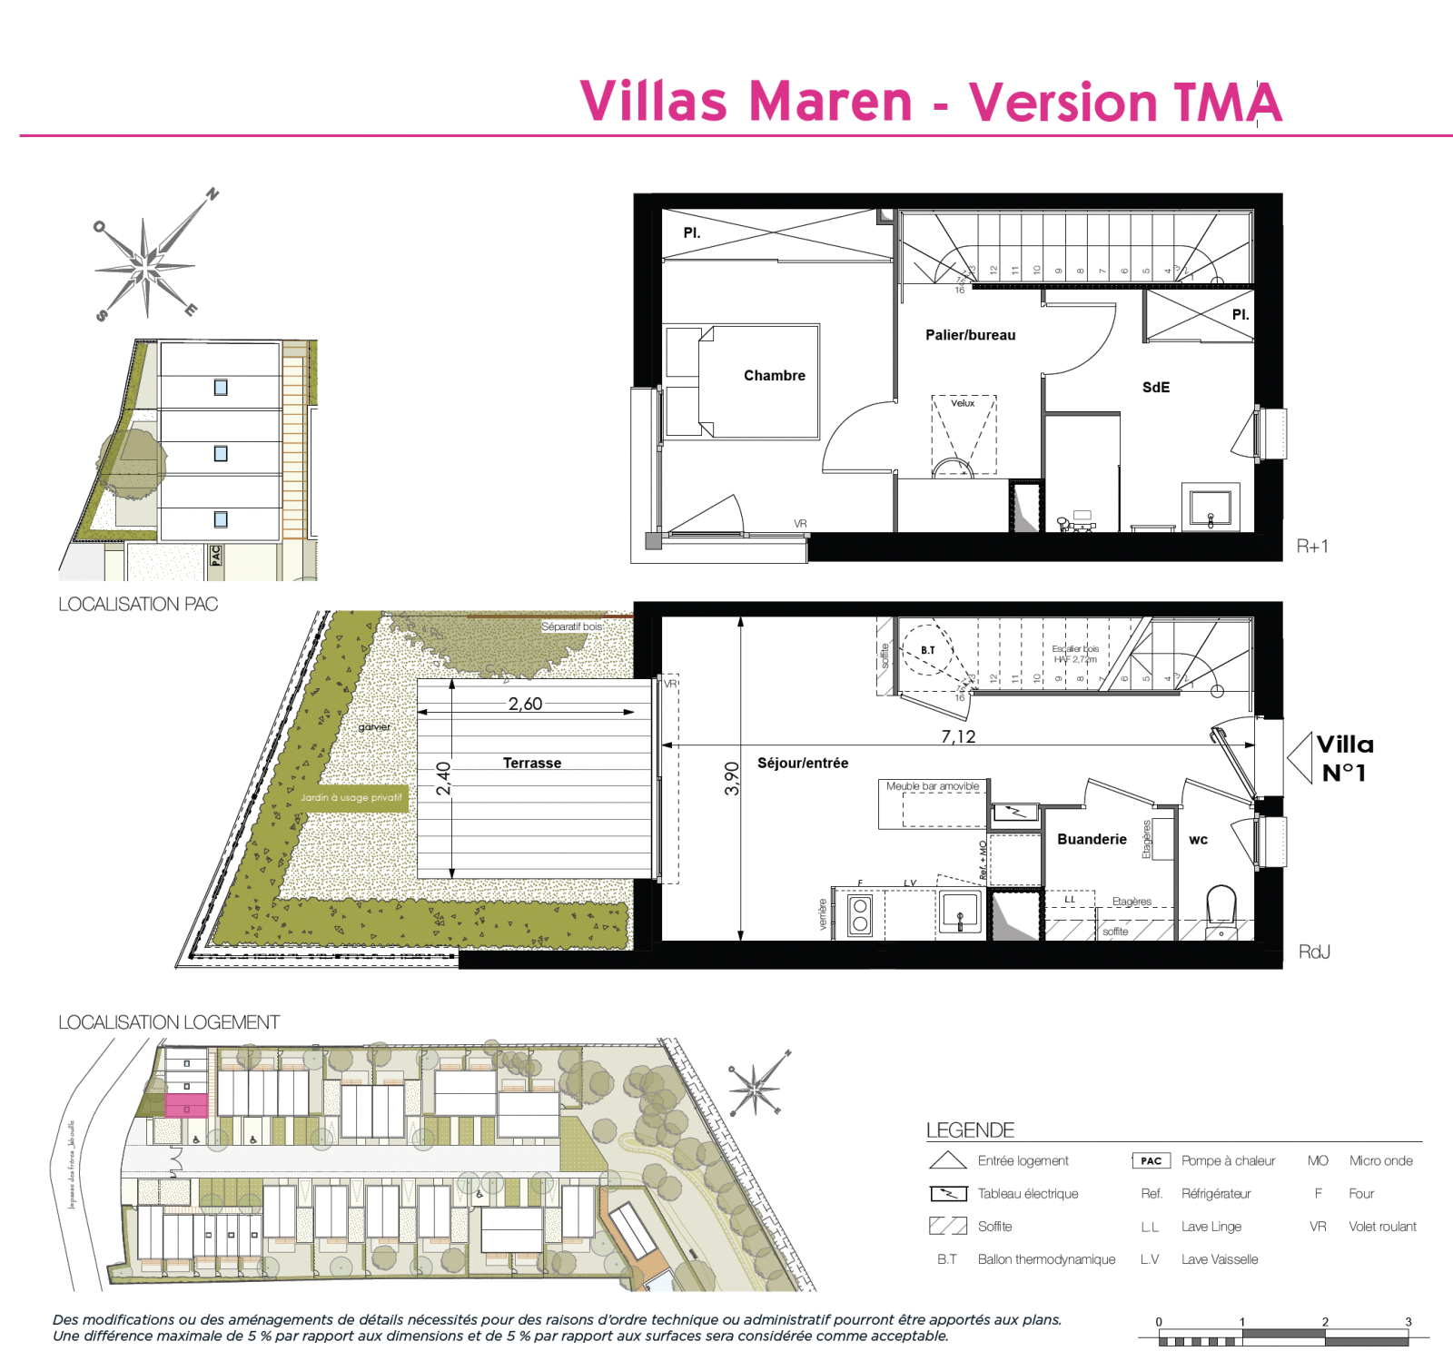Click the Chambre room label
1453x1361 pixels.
click(x=774, y=375)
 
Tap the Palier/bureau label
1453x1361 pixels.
click(x=970, y=335)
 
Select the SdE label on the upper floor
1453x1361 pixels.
click(x=1155, y=388)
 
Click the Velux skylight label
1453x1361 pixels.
click(x=963, y=403)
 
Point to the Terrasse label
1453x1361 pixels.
click(x=532, y=763)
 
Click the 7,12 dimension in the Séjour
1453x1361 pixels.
click(x=958, y=736)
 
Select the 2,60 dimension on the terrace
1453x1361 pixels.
click(x=525, y=704)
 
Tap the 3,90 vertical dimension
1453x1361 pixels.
click(x=732, y=778)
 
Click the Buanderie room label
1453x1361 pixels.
click(x=1092, y=839)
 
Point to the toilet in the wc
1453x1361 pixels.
click(x=1221, y=908)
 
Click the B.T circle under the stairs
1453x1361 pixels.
click(x=927, y=650)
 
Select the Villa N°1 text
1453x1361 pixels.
click(x=1344, y=758)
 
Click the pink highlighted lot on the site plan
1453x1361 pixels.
click(x=186, y=1106)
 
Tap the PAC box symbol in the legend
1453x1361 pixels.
click(x=1151, y=1160)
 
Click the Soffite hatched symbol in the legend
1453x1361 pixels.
click(x=947, y=1226)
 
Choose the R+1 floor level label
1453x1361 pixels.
click(x=1312, y=546)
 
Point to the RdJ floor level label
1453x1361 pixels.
click(x=1314, y=952)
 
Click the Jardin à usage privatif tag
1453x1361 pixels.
click(x=351, y=797)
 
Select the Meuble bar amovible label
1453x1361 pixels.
click(x=932, y=786)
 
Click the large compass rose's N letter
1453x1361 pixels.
click(x=213, y=193)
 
